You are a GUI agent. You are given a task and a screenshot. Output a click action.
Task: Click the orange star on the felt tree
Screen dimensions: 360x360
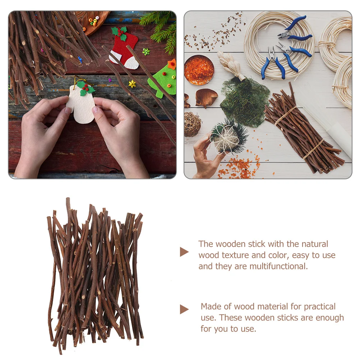click(172, 64)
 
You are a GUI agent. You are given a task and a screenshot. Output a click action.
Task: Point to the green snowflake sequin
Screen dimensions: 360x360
click(146, 52)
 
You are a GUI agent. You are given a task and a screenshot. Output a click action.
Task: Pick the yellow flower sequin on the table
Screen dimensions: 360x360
click(132, 84)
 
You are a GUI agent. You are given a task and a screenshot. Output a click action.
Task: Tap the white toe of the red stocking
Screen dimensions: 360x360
click(131, 64)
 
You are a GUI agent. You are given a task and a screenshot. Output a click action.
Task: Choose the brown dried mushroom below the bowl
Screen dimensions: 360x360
click(206, 97)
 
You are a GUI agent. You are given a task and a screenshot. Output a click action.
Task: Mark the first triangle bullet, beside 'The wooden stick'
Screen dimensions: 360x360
click(184, 252)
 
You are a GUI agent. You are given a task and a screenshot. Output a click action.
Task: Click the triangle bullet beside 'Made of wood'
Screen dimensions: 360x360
click(184, 309)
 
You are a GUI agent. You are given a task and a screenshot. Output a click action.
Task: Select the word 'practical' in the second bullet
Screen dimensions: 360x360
click(320, 307)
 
